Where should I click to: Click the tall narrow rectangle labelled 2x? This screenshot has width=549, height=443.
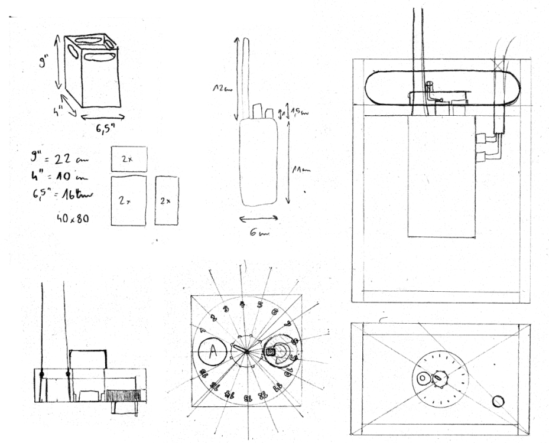(166, 200)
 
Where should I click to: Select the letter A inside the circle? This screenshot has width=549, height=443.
(212, 354)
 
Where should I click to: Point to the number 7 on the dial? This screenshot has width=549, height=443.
(286, 324)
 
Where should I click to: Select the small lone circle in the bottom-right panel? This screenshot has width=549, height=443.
(498, 402)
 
